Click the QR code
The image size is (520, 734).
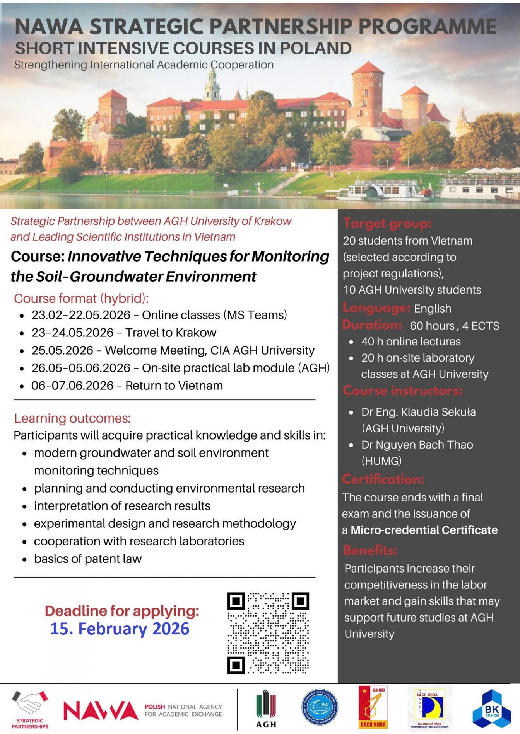tap(268, 633)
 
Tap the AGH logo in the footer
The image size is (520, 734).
tap(266, 709)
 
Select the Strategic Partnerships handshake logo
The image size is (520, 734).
tap(30, 709)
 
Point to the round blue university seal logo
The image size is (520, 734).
tap(320, 707)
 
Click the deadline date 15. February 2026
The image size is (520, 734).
tap(120, 629)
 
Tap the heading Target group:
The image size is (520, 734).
tap(387, 223)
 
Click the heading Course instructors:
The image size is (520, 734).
tap(402, 391)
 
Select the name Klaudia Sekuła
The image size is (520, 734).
tap(438, 412)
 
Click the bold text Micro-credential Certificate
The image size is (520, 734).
tap(424, 530)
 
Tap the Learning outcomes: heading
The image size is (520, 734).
tap(72, 418)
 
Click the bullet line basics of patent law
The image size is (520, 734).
tap(88, 559)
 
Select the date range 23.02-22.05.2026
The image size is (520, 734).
tap(81, 315)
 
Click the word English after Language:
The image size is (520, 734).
tap(433, 309)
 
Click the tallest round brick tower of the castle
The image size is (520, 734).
tap(368, 97)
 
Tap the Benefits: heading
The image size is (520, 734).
tap(370, 550)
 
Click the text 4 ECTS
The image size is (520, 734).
tap(481, 326)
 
